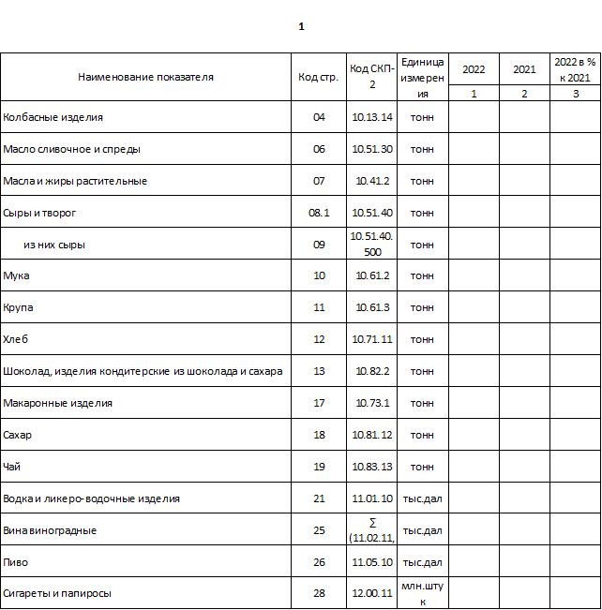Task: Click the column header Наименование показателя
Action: tap(145, 77)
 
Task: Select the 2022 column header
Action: tap(474, 69)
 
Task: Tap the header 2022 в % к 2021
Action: tap(575, 69)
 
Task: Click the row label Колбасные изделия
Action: tap(53, 117)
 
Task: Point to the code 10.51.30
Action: tap(372, 149)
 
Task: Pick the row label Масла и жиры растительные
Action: tap(75, 181)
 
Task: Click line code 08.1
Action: tap(319, 213)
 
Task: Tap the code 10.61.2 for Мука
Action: tap(372, 276)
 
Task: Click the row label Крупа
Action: tap(20, 307)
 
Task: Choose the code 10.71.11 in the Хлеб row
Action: tap(372, 339)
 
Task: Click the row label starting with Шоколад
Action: tap(143, 371)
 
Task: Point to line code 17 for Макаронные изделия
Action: tap(319, 403)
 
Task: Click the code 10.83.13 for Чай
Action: tap(372, 467)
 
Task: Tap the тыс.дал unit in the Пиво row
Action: tap(422, 562)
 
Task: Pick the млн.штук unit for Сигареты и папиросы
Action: tap(422, 593)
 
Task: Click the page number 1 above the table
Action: tap(301, 26)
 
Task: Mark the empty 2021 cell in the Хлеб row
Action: tap(524, 339)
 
